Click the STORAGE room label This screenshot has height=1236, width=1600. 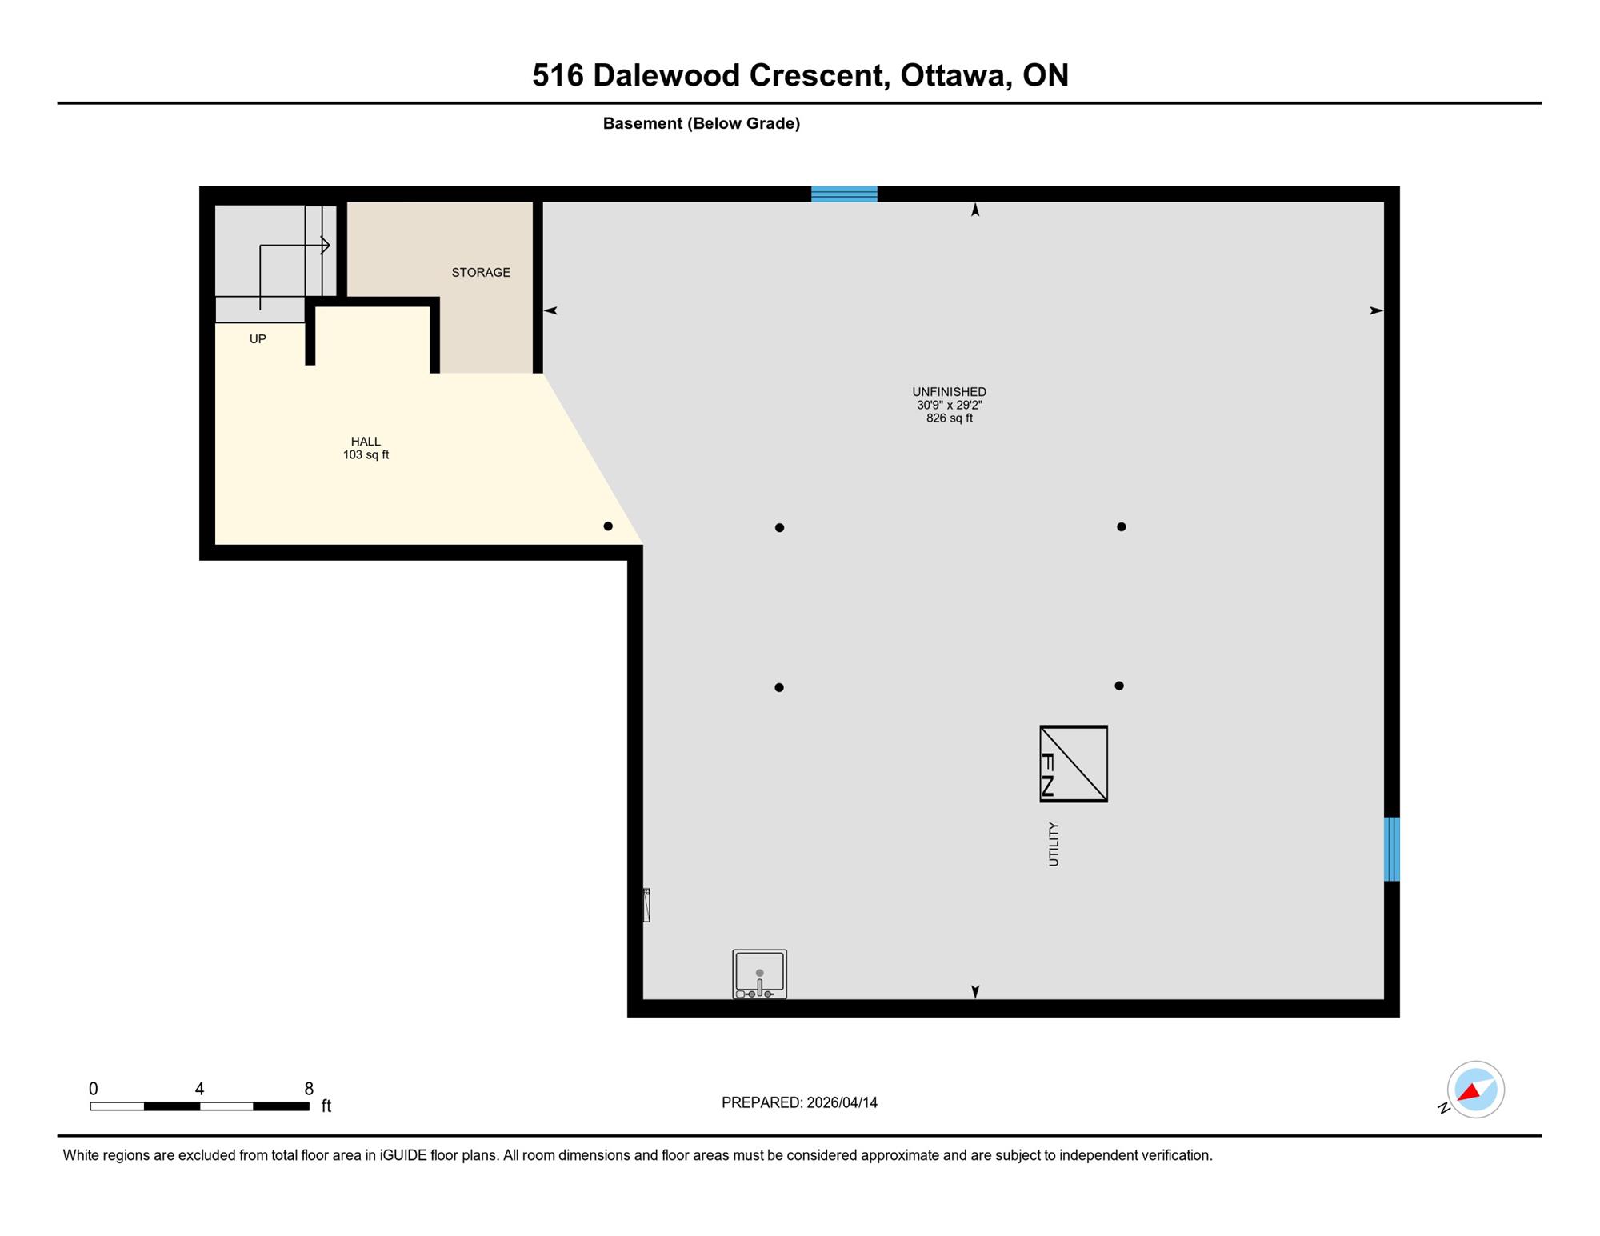[x=481, y=273]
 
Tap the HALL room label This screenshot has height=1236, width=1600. [x=366, y=442]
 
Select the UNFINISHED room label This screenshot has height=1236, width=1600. [x=950, y=392]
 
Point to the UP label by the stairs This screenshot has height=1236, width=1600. [x=258, y=339]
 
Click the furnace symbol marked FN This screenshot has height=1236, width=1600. [x=1074, y=764]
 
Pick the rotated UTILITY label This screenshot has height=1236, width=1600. [x=1054, y=844]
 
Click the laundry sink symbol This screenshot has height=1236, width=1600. [x=760, y=974]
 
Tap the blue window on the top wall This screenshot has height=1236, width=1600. [x=844, y=194]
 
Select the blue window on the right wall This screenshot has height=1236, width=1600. [x=1392, y=849]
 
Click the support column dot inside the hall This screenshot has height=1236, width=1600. [x=608, y=526]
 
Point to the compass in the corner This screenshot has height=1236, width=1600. [x=1475, y=1090]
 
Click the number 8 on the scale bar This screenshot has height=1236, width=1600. [x=309, y=1089]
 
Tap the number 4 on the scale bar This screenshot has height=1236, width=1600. [x=199, y=1089]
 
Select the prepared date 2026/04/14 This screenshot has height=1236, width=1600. [x=842, y=1102]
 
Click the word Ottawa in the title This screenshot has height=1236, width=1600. [x=952, y=75]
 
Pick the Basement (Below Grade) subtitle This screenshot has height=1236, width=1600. [x=702, y=123]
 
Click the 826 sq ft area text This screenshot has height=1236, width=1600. [x=950, y=418]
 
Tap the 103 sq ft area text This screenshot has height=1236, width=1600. [x=366, y=455]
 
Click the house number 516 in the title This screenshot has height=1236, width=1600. [x=558, y=75]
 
